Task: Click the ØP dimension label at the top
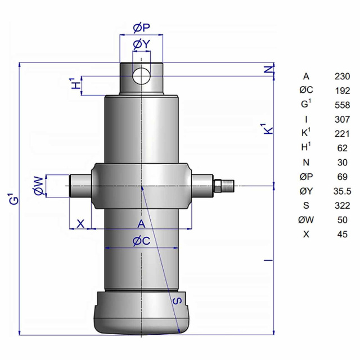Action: (x=141, y=28)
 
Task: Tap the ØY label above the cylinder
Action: (x=141, y=44)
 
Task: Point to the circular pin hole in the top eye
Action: (x=141, y=76)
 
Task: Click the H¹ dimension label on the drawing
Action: (x=76, y=83)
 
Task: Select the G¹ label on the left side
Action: (x=14, y=199)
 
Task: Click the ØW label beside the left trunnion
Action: (x=39, y=186)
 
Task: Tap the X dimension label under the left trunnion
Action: (x=80, y=223)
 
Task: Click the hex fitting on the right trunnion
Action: (x=218, y=186)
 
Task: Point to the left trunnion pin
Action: (x=80, y=186)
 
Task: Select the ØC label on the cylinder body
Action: (x=141, y=241)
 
